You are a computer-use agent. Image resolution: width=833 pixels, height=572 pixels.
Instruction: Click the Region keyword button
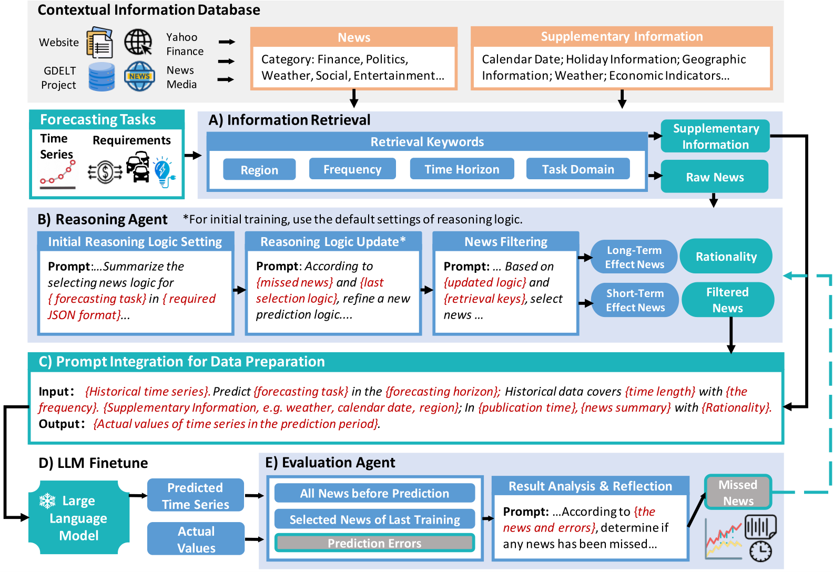coord(259,169)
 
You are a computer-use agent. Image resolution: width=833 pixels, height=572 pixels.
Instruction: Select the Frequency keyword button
coord(352,169)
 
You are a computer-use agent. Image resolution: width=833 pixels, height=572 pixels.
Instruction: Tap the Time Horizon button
coord(462,169)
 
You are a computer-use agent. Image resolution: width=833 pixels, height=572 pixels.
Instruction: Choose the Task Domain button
coord(578,169)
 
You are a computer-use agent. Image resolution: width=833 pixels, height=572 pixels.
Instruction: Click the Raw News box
coord(714,177)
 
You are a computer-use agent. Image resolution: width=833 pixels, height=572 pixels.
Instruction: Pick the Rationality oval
coord(726,257)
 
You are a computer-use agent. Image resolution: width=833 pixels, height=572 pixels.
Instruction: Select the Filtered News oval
coord(727,300)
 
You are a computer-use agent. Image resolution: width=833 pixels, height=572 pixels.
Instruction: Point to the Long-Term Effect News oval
coord(634,257)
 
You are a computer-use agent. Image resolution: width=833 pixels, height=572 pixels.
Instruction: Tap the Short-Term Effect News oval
coord(635,300)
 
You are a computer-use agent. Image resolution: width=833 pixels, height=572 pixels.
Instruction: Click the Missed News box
coord(738,493)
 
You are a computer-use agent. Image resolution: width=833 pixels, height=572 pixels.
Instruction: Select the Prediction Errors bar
coord(374,543)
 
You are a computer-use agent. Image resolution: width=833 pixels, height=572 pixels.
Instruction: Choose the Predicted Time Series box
coord(195,495)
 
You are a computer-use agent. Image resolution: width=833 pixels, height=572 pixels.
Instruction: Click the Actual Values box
coord(196,539)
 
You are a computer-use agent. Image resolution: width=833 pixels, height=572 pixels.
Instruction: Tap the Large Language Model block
coord(79,518)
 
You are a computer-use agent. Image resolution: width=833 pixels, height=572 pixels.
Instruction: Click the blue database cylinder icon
coord(101,77)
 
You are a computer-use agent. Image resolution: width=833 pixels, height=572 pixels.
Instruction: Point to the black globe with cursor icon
coord(138,42)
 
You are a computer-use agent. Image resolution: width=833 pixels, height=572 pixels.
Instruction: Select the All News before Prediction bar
coord(374,493)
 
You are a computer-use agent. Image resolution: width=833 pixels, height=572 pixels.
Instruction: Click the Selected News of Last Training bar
coord(374,519)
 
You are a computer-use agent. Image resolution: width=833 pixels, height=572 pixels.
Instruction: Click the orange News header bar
coord(354,37)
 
